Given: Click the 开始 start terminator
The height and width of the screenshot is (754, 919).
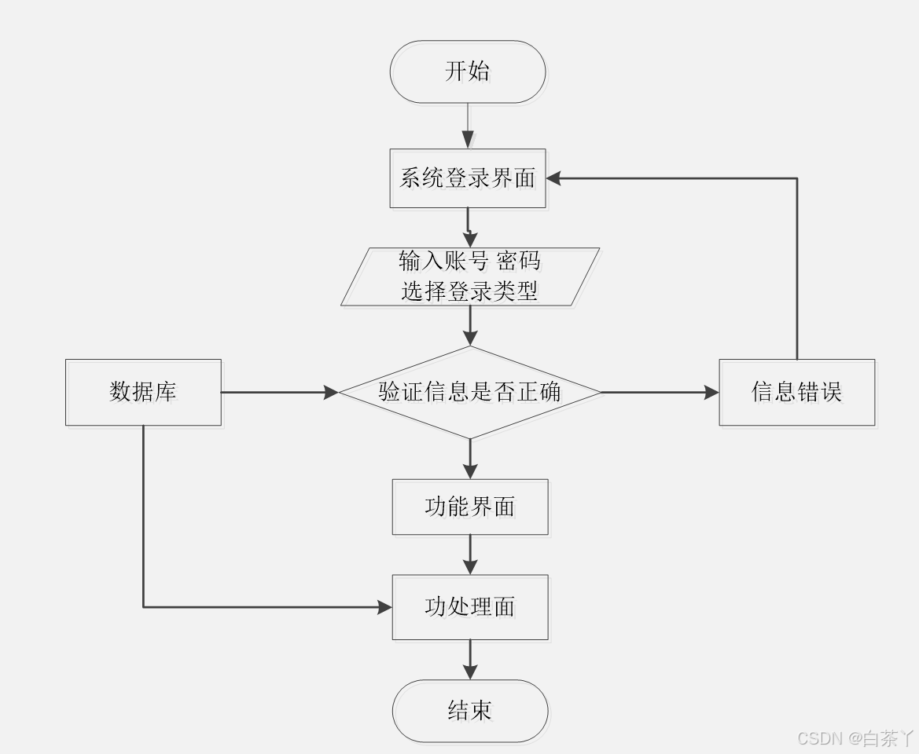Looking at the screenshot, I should (468, 71).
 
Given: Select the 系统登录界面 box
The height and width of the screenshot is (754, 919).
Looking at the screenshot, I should (468, 178).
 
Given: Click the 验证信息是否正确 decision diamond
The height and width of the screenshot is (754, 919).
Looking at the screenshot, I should (470, 391).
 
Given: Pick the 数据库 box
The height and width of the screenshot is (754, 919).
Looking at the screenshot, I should (143, 392).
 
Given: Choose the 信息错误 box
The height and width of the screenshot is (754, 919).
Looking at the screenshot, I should (796, 392).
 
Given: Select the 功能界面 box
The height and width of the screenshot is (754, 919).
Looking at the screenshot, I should (470, 507).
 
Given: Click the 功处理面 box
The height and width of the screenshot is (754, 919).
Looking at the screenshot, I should (470, 606).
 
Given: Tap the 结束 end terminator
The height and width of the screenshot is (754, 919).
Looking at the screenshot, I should (470, 711).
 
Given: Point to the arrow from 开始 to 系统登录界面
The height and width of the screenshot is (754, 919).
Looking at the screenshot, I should (468, 126).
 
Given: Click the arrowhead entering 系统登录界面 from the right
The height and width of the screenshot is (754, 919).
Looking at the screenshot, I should (554, 178).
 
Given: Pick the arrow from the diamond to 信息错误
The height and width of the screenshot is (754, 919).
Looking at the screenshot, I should (660, 391).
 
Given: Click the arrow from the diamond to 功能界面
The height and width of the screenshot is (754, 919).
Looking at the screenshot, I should (470, 459).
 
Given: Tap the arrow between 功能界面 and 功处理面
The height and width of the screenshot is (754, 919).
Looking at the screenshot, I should (470, 555).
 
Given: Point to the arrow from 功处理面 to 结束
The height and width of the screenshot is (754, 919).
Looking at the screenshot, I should (470, 660).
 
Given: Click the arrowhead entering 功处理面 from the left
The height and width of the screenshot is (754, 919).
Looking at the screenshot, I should (384, 606).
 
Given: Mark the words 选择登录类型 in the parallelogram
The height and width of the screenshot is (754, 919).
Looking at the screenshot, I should (469, 291).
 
